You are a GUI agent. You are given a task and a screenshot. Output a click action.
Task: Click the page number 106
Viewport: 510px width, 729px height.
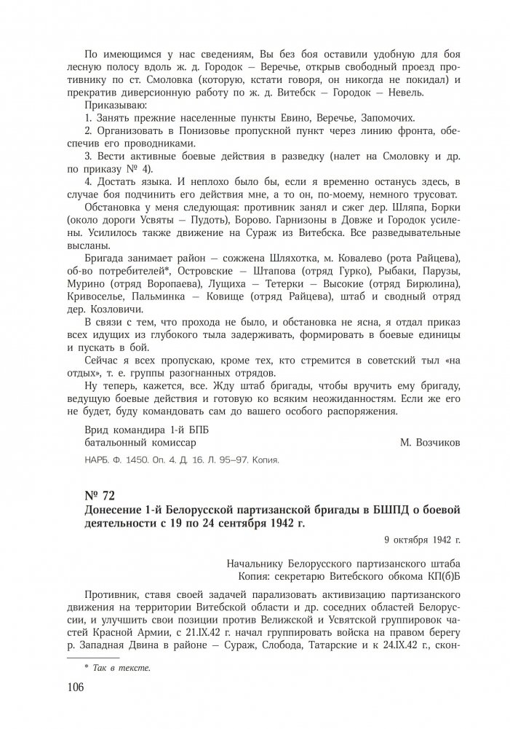coord(75,687)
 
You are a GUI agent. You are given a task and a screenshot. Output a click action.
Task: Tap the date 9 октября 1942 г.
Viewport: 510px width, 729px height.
coord(422,540)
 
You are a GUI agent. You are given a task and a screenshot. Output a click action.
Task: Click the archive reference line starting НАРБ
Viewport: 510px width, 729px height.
coord(182,460)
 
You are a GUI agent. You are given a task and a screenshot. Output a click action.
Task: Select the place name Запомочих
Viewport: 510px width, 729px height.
coord(389,117)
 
